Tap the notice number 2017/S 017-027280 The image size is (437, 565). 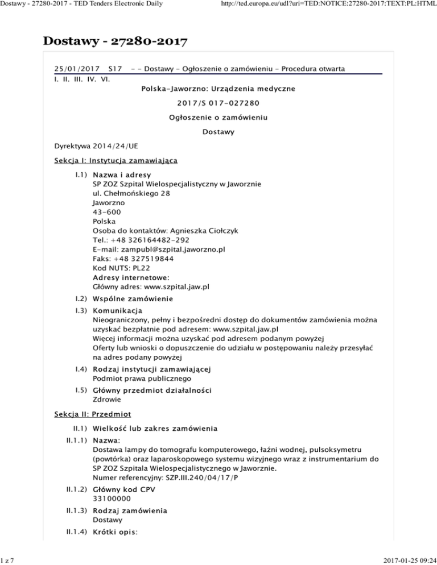218,103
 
